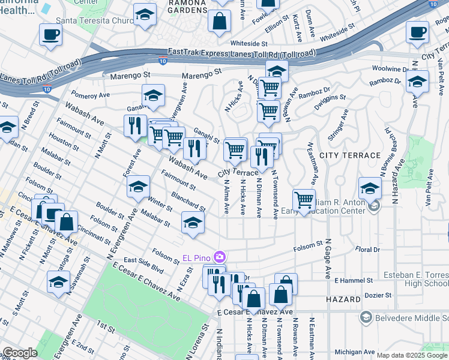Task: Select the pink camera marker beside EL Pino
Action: [x=220, y=257]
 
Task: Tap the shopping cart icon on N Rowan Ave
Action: [x=304, y=200]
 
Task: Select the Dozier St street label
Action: [x=379, y=296]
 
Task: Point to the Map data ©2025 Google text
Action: [x=412, y=355]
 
